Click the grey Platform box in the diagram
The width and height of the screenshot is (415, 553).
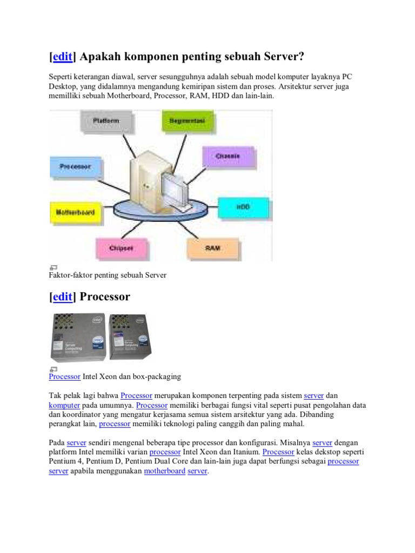pyautogui.click(x=106, y=122)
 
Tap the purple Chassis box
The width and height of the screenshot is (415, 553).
pyautogui.click(x=227, y=157)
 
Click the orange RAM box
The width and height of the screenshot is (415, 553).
pyautogui.click(x=212, y=248)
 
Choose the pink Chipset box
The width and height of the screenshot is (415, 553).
pyautogui.click(x=121, y=248)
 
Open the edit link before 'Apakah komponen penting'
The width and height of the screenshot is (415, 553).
pyautogui.click(x=63, y=57)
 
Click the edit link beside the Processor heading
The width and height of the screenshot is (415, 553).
pyautogui.click(x=63, y=297)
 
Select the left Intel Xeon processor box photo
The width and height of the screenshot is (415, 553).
pyautogui.click(x=76, y=336)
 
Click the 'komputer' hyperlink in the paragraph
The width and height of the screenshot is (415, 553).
pyautogui.click(x=64, y=405)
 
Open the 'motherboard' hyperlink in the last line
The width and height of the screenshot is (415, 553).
pyautogui.click(x=164, y=471)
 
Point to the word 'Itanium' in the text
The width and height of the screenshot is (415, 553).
pyautogui.click(x=245, y=451)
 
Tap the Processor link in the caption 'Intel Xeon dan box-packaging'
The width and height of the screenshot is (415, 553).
pyautogui.click(x=64, y=376)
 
